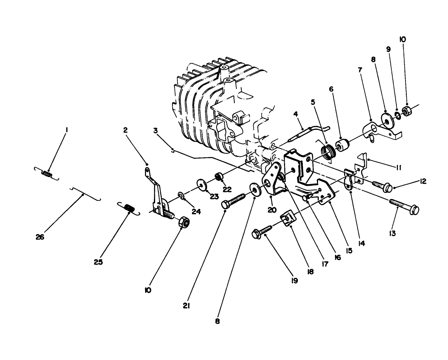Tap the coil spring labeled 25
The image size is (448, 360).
pos(129,208)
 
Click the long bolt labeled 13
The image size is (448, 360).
pos(404,206)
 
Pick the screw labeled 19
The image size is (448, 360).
pos(262,232)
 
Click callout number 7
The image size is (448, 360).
pos(360,70)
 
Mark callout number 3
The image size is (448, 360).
pos(155,130)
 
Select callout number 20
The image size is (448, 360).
pos(271,210)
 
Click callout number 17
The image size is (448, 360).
pos(325,264)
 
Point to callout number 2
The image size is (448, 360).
pos(125,130)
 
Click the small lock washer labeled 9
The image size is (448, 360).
pos(398,114)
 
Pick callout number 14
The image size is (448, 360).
pos(361,244)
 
